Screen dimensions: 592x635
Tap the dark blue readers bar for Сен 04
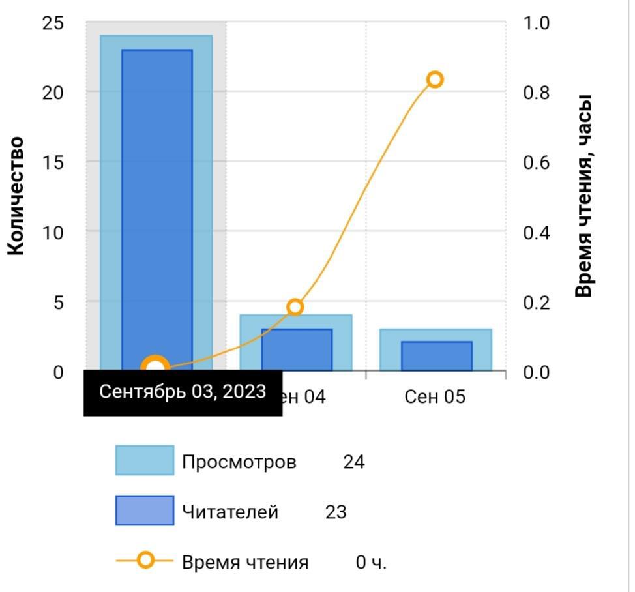point(297,350)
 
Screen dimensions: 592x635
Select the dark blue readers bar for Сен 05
point(436,356)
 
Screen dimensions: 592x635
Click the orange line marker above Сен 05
point(435,80)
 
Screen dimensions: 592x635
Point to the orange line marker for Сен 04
point(295,307)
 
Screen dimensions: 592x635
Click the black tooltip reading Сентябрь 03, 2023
point(183,392)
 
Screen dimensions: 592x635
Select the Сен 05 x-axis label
point(435,396)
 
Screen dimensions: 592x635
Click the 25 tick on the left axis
point(53,23)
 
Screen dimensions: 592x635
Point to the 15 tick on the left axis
point(53,162)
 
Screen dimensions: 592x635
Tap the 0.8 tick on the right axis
point(537,93)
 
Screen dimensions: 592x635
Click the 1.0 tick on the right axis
point(537,23)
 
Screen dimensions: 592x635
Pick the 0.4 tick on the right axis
point(537,232)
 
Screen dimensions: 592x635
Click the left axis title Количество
point(16,196)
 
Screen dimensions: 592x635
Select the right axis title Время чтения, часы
point(584,196)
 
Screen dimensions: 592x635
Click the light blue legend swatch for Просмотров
point(145,460)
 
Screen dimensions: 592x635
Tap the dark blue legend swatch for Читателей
point(145,511)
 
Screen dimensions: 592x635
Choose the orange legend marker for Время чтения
point(145,560)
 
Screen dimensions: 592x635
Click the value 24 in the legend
point(354,462)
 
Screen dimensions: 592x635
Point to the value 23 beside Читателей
point(336,512)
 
